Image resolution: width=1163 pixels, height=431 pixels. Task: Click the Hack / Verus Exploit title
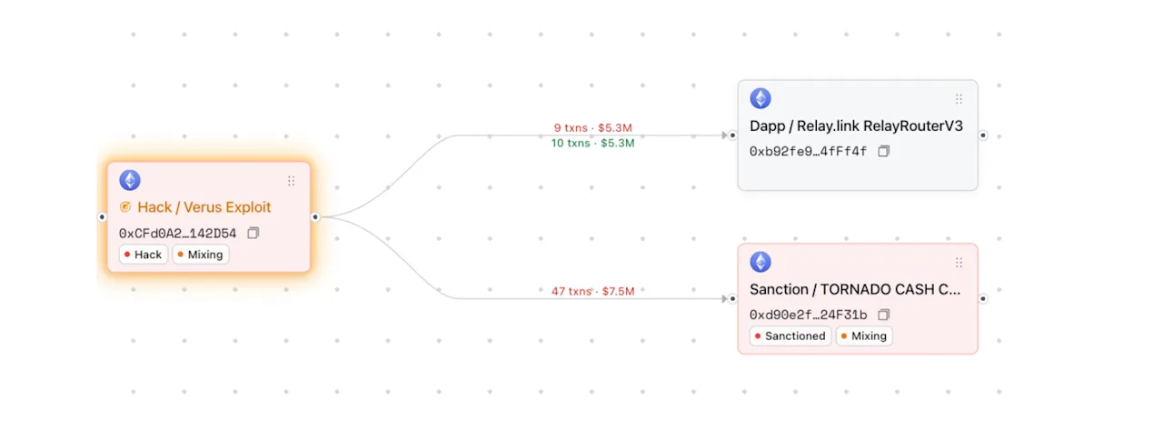click(x=204, y=207)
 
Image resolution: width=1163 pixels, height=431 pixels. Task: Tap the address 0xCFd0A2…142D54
click(x=177, y=233)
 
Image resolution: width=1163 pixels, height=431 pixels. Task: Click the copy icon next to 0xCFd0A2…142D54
click(x=253, y=233)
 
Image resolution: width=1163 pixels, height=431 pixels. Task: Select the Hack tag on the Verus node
click(x=144, y=255)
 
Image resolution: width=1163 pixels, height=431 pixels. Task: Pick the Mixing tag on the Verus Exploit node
click(x=201, y=255)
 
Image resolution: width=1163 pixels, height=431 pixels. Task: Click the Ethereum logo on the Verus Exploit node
click(x=130, y=180)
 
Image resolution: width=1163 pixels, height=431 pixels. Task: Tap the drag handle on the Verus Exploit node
click(x=292, y=181)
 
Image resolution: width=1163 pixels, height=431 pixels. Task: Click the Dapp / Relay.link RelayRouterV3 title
click(x=856, y=126)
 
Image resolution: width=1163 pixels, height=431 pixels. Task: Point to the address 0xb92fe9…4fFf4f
click(x=808, y=151)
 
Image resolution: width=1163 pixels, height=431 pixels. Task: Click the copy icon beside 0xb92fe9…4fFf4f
click(x=884, y=151)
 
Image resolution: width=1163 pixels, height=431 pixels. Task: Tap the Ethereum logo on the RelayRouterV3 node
click(x=760, y=98)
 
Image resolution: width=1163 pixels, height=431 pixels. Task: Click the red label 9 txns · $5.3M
click(x=593, y=127)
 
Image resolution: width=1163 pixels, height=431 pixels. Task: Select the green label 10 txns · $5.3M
click(x=593, y=143)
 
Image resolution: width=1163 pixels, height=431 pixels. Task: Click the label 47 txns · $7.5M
click(x=593, y=291)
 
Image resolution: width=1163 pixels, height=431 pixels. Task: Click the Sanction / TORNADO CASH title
click(x=855, y=289)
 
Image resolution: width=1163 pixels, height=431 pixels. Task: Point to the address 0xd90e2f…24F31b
click(x=808, y=315)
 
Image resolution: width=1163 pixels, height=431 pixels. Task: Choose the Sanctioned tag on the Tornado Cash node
click(x=790, y=336)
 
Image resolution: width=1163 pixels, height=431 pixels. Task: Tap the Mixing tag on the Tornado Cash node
click(x=864, y=336)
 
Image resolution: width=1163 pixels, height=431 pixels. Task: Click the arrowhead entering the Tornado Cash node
click(x=725, y=298)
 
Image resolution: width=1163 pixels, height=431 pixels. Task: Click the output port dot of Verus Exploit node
click(x=315, y=217)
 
